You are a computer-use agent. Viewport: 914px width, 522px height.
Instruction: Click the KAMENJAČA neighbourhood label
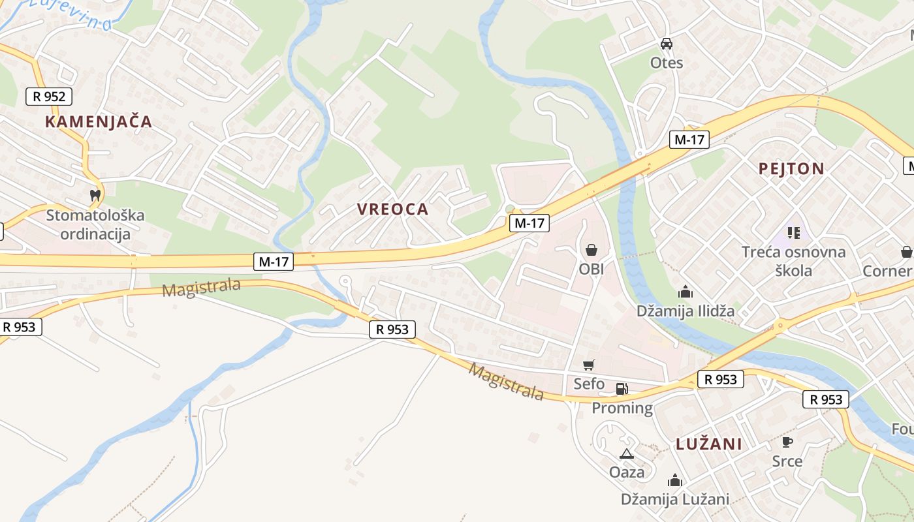(x=99, y=121)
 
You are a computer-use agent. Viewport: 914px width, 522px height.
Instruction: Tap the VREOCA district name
(x=392, y=209)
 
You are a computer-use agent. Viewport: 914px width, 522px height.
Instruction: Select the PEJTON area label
(x=791, y=168)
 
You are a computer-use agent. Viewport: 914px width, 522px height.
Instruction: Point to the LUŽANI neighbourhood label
(x=709, y=444)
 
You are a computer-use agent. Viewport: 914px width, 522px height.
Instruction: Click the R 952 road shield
(x=49, y=97)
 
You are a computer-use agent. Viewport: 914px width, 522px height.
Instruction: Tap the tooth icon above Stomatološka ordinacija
(x=95, y=194)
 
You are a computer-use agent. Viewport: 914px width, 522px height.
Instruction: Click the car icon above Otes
(x=666, y=44)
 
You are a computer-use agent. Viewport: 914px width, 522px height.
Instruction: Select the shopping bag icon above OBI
(x=591, y=249)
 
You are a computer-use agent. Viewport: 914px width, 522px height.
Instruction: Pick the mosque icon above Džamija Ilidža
(x=685, y=291)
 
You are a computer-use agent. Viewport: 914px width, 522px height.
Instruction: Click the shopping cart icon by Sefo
(x=589, y=365)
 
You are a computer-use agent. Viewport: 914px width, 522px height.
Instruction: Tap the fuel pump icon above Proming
(x=622, y=389)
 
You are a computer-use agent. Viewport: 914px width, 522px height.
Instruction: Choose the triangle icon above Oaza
(x=626, y=453)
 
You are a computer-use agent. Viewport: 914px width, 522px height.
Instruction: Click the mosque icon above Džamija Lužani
(x=675, y=481)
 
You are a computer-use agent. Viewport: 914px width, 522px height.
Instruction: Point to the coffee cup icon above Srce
(x=787, y=442)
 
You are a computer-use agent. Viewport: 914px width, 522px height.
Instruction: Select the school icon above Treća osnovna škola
(x=793, y=232)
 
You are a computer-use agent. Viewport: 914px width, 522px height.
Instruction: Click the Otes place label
(x=667, y=63)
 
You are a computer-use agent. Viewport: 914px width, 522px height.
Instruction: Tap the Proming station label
(x=622, y=408)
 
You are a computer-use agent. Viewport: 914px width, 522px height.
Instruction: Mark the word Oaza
(x=626, y=472)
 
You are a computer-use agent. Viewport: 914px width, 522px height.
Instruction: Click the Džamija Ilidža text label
(x=685, y=311)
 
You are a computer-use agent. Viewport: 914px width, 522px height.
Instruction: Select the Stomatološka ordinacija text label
(x=95, y=224)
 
